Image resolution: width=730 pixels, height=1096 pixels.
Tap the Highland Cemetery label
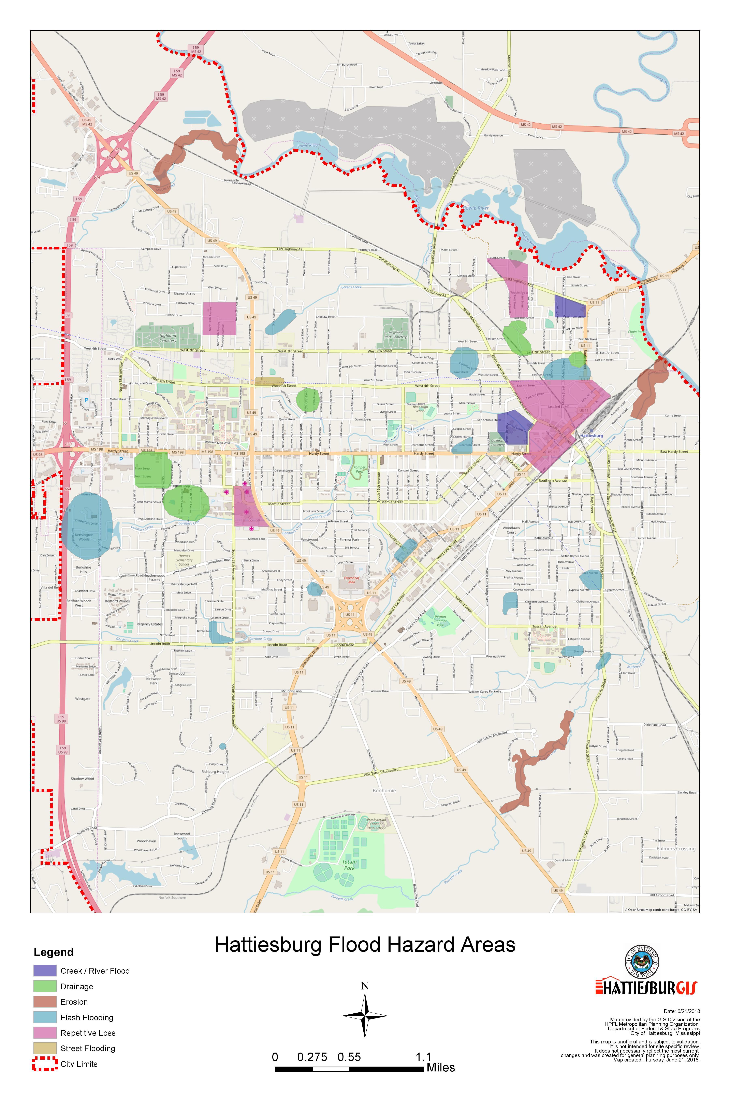[168, 338]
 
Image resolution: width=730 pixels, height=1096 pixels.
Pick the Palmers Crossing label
[675, 849]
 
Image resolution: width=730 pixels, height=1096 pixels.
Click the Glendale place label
[435, 83]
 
